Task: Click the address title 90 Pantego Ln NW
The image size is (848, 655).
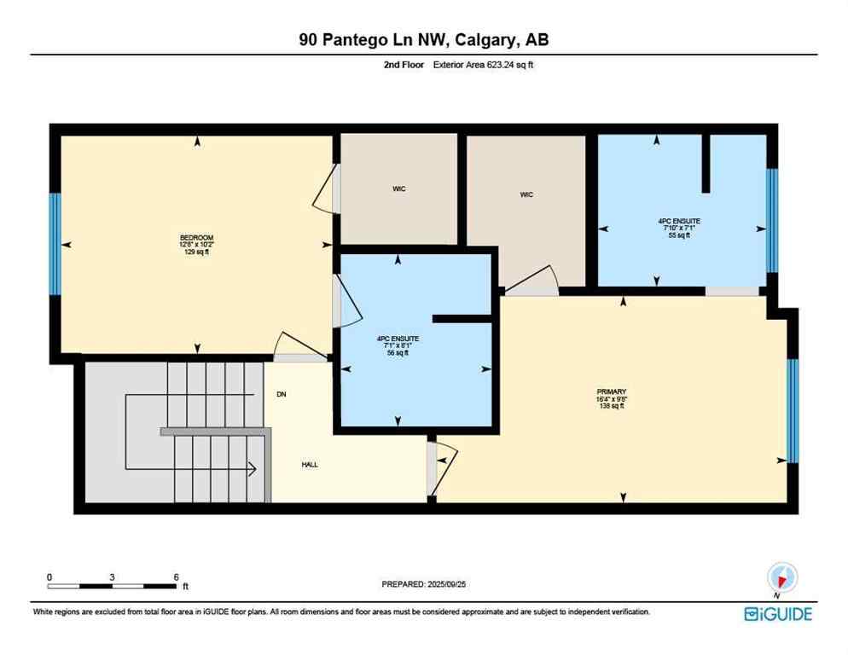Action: click(x=423, y=40)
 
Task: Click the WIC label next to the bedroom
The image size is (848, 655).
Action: click(x=399, y=188)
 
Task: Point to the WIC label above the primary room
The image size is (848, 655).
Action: click(x=526, y=194)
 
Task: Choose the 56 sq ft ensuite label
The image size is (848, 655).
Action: click(x=397, y=345)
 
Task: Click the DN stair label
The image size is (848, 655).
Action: click(x=281, y=394)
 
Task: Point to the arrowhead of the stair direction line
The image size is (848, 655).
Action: click(x=253, y=467)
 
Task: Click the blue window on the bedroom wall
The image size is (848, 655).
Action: click(x=55, y=244)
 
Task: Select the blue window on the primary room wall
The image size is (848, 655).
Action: click(x=792, y=410)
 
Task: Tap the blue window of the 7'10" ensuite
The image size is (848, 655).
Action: click(x=772, y=220)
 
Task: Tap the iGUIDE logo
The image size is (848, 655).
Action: click(x=777, y=614)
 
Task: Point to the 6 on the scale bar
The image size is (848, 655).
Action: click(x=176, y=577)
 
